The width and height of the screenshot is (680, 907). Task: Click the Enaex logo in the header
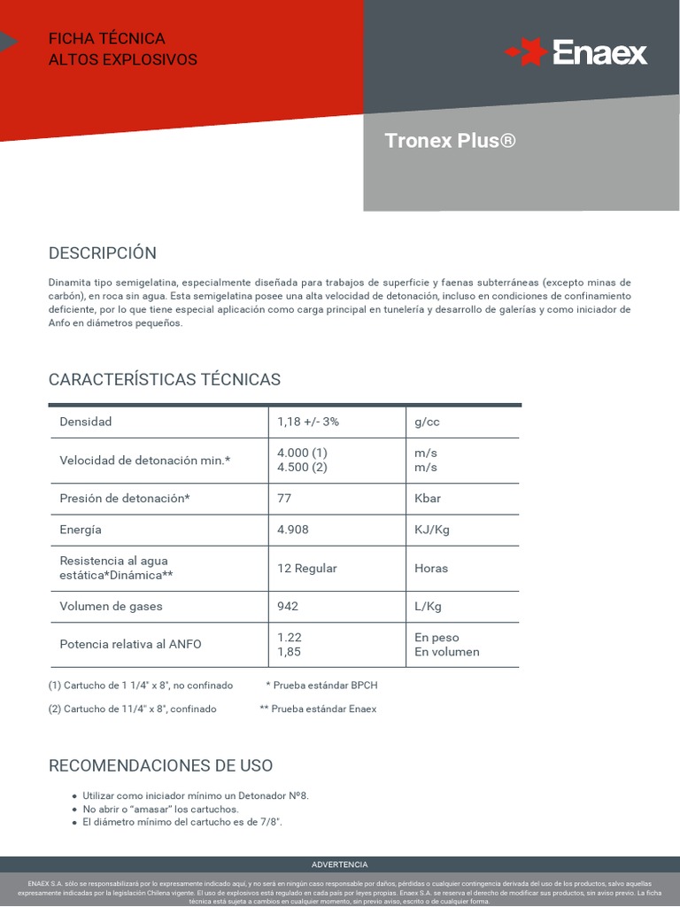[x=576, y=52]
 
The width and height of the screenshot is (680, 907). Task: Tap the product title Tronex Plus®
[x=450, y=141]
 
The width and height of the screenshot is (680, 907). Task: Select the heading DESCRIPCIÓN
[x=103, y=252]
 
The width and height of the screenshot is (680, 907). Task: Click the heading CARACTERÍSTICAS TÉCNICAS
[x=165, y=379]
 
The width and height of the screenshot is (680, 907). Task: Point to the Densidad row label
[x=86, y=422]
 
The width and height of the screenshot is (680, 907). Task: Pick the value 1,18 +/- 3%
[x=308, y=422]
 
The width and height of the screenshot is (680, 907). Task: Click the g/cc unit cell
[x=427, y=422]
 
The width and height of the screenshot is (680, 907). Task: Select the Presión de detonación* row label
[x=125, y=498]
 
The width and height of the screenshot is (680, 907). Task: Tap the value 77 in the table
[x=284, y=498]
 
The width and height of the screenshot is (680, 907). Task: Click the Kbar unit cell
[x=428, y=498]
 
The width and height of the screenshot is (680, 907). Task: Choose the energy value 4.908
[x=293, y=530]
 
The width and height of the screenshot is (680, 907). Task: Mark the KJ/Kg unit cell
[x=432, y=530]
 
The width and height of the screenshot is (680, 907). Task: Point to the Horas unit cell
[x=431, y=568]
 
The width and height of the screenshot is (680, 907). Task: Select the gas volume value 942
[x=288, y=606]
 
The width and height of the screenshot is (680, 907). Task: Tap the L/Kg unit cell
[x=428, y=606]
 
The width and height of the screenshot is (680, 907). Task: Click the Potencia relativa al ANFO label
[x=130, y=644]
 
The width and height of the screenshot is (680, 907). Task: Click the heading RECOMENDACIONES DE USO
[x=161, y=765]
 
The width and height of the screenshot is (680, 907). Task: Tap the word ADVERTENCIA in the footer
[x=340, y=864]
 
